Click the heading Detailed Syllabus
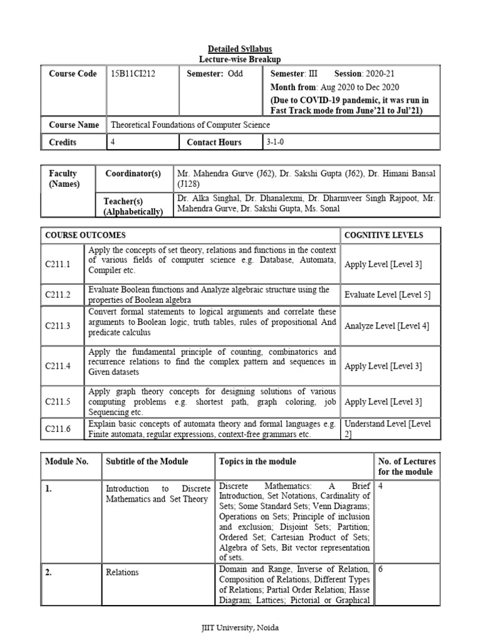pos(240,49)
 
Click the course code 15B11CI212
pos(133,73)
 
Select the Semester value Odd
pos(235,73)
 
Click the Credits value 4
pos(113,142)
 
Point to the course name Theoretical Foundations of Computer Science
pos(190,125)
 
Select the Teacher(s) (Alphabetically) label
pos(133,206)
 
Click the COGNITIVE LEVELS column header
pos(383,235)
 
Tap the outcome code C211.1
pos(58,264)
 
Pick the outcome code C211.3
pos(58,325)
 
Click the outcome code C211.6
pos(58,429)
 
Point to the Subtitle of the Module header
pos(147,461)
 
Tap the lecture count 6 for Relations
pos(380,569)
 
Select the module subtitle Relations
pos(122,572)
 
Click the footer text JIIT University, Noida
pos(240,627)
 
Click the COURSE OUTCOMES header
pos(85,235)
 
